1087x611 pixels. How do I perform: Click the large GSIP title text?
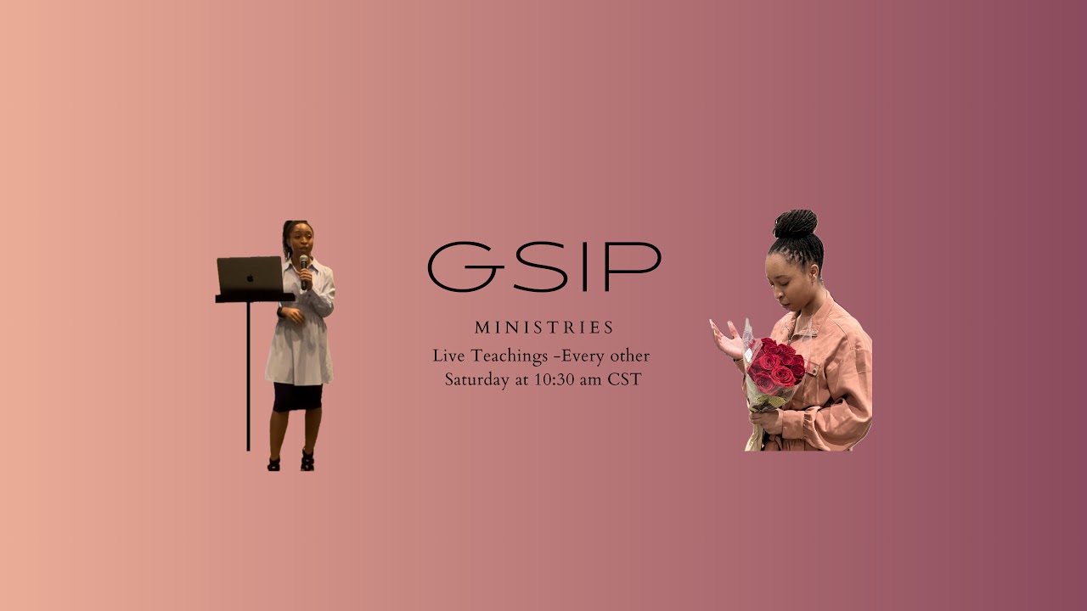tap(543, 266)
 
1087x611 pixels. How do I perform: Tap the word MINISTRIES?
tap(543, 328)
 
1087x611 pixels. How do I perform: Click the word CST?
tap(624, 379)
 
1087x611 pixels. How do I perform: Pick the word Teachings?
tap(507, 356)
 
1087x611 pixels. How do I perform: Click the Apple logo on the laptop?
tap(250, 277)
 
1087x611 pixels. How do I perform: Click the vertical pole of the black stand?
tap(248, 373)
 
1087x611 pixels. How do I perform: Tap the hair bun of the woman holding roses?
tap(795, 224)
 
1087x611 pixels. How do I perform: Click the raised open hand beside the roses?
tap(726, 338)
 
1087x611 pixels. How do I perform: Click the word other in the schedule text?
tap(628, 356)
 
